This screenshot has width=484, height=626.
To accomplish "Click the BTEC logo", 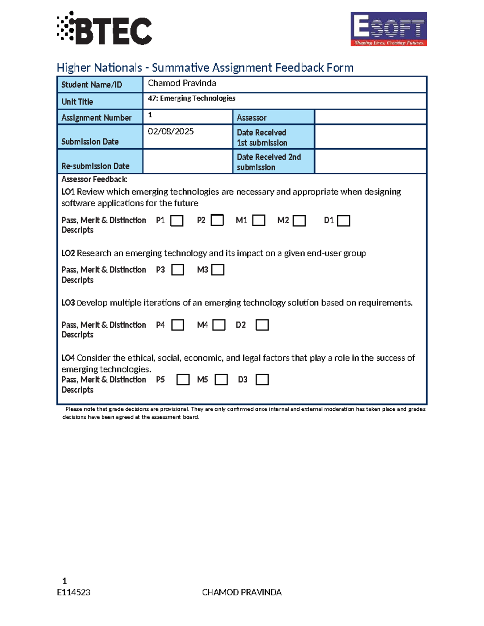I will pos(104,29).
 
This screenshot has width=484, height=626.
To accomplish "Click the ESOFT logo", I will pos(388,29).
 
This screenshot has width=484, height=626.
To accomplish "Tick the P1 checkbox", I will pos(177,221).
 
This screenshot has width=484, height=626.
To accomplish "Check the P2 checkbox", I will pos(217,220).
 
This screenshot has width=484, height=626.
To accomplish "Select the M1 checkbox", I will pos(259,220).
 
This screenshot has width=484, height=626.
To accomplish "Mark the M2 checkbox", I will pos(299,221).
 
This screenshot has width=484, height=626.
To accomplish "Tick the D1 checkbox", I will pos(343,221).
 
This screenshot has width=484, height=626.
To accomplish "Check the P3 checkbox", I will pos(177,270).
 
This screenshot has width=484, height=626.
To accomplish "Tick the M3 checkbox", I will pos(218,270).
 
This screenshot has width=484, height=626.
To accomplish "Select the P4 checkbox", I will pos(177,325).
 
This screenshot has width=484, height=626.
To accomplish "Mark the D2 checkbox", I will pos(262,325).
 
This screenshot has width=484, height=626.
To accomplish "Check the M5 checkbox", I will pos(221,380).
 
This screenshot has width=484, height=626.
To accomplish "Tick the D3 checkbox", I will pos(262,380).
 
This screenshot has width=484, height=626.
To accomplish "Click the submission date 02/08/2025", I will pos(171,131).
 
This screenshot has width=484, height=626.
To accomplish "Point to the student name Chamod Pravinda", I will pos(182,83).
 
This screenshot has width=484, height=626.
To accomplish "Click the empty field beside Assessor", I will pos(370,117).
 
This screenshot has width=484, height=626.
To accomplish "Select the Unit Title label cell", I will pos(100,101).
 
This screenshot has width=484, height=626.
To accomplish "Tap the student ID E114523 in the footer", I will pos(73,592).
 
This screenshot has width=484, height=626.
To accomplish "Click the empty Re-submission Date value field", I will pos(188,161).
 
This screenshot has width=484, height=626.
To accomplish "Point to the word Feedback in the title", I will pos(300,67).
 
